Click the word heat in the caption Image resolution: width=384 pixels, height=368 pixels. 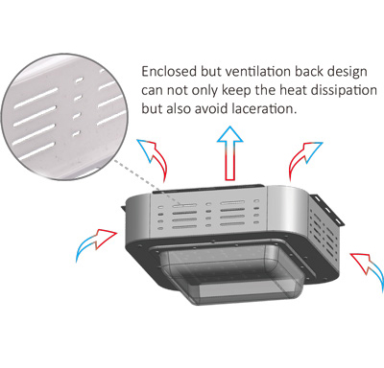(294, 90)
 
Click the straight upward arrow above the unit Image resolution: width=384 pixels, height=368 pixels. (230, 153)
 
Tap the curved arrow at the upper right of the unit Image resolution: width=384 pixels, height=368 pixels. (302, 159)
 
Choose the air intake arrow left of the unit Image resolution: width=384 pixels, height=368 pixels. (95, 242)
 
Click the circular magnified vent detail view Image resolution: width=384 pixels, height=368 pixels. (66, 117)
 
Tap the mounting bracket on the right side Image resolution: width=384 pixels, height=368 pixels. (327, 210)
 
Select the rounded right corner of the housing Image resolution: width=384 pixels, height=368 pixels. (287, 210)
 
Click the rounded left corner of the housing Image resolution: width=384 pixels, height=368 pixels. (138, 217)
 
